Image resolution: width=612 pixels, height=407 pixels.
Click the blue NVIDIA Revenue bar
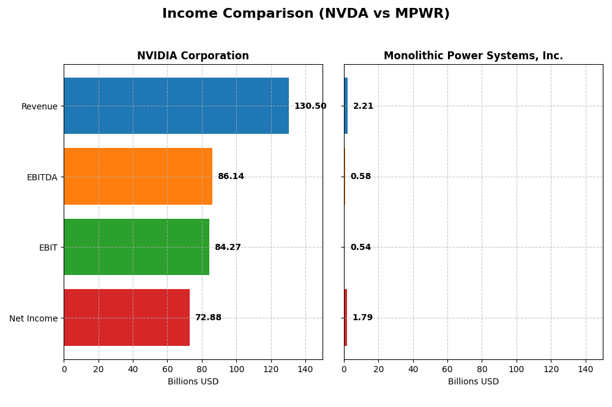pyautogui.click(x=176, y=106)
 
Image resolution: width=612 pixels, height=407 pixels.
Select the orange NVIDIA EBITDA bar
pyautogui.click(x=138, y=177)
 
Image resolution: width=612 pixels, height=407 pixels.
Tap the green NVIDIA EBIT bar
pyautogui.click(x=136, y=247)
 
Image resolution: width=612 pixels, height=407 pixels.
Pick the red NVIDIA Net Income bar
pyautogui.click(x=127, y=318)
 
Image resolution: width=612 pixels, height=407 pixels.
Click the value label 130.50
pyautogui.click(x=310, y=106)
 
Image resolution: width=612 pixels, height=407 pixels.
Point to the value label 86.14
pyautogui.click(x=231, y=177)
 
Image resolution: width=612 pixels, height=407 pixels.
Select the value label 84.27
pyautogui.click(x=228, y=248)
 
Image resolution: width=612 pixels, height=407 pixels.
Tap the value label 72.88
pyautogui.click(x=208, y=318)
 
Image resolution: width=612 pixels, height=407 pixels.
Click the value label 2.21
pyautogui.click(x=363, y=106)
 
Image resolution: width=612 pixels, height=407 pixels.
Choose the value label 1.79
pyautogui.click(x=362, y=318)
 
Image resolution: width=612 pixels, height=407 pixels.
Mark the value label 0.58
pyautogui.click(x=360, y=177)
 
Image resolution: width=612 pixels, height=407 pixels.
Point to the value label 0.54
pyautogui.click(x=360, y=248)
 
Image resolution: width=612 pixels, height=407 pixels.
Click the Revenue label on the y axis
pyautogui.click(x=39, y=107)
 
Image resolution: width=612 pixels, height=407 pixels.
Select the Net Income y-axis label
pyautogui.click(x=33, y=318)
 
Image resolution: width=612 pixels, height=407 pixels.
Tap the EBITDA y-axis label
pyautogui.click(x=42, y=177)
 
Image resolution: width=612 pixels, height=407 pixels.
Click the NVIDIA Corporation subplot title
pyautogui.click(x=193, y=56)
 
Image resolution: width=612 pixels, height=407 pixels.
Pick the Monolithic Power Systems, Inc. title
pyautogui.click(x=473, y=56)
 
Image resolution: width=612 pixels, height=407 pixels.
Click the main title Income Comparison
pyautogui.click(x=306, y=14)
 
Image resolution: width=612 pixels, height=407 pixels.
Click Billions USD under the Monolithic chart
pyautogui.click(x=473, y=382)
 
